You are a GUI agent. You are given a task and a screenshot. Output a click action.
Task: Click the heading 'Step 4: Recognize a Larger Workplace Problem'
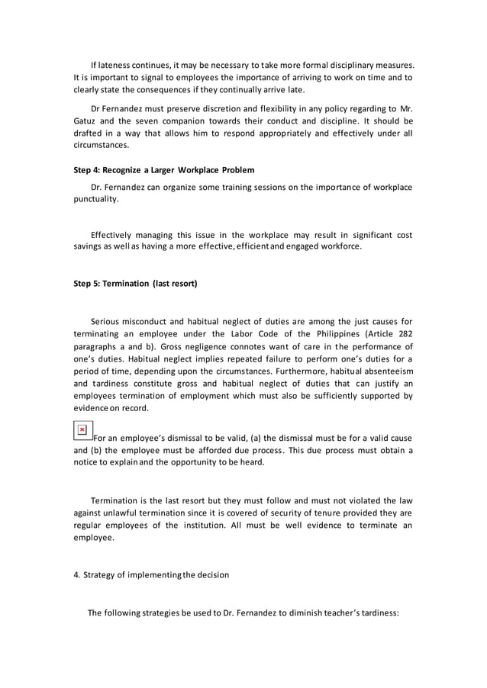pyautogui.click(x=163, y=169)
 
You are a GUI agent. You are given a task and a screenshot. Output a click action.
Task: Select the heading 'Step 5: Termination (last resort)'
pyautogui.click(x=135, y=284)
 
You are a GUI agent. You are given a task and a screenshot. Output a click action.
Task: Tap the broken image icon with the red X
pyautogui.click(x=82, y=430)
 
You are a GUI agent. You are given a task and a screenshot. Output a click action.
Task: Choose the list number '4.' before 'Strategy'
pyautogui.click(x=76, y=574)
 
